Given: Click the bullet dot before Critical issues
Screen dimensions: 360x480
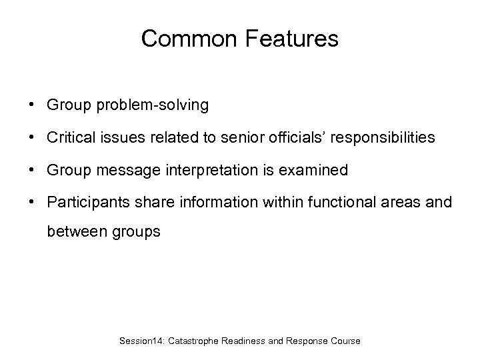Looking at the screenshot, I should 31,138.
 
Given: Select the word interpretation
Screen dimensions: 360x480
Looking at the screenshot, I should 202,171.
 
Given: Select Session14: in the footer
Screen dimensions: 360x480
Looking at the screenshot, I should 142,341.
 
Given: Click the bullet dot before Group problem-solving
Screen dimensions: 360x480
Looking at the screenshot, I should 31,105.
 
